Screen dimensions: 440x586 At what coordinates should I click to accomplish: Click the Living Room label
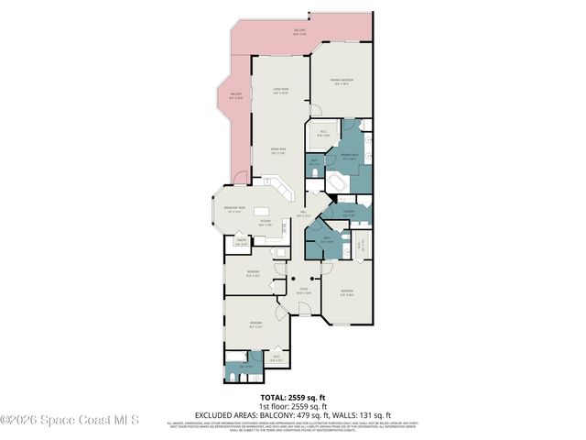point(281,90)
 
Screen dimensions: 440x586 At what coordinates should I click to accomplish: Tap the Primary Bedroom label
point(342,82)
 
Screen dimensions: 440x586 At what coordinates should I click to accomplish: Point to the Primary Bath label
point(349,157)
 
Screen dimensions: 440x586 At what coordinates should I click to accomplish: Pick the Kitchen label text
point(266,223)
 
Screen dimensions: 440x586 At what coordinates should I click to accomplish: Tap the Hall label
point(303,214)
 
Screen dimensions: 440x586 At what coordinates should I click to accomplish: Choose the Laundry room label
point(349,214)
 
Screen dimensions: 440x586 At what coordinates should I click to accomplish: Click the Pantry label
point(242,243)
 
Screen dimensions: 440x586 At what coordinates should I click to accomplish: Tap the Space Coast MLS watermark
point(69,421)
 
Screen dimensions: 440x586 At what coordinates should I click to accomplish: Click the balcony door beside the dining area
point(241,177)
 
